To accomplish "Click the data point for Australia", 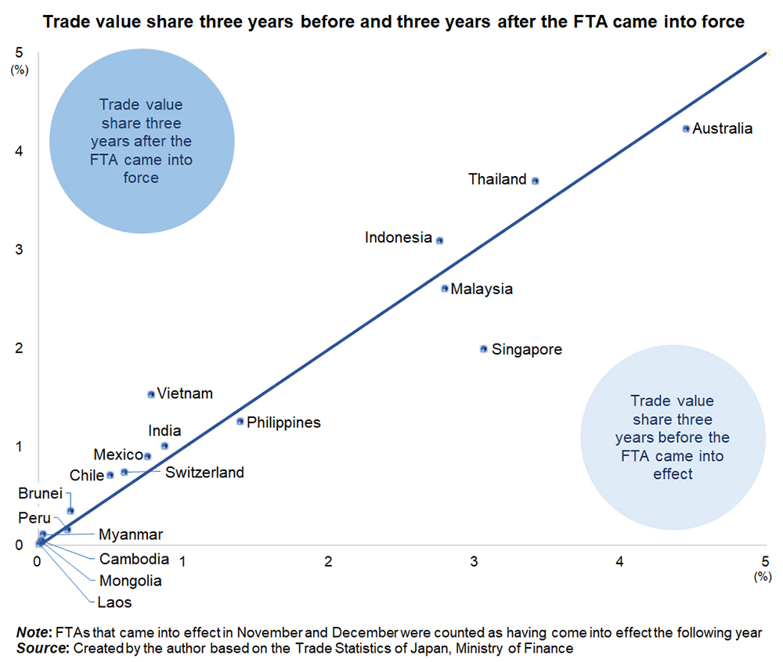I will click(686, 128).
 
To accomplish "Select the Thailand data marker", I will click(536, 180).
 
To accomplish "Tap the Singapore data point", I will click(484, 349).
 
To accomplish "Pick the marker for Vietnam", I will click(151, 394).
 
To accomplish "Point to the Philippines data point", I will click(240, 421).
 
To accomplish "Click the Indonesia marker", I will click(440, 240).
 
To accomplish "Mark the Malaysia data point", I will click(445, 288).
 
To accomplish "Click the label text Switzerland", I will click(204, 473).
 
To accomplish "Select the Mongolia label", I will click(131, 581).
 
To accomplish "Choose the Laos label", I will click(115, 603).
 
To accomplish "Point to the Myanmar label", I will click(131, 535).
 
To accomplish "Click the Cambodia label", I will click(134, 559).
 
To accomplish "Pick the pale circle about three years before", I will click(672, 438).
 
